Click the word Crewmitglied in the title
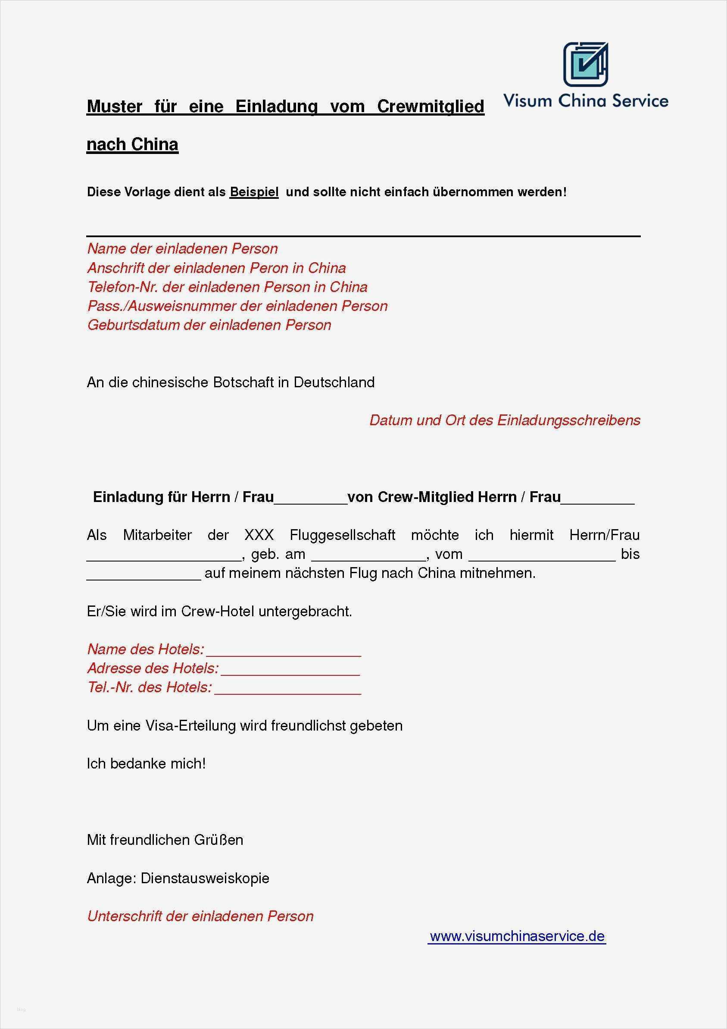click(430, 107)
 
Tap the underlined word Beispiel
click(254, 192)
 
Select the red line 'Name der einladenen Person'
click(182, 249)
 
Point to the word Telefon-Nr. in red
click(123, 287)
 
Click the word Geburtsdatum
click(133, 325)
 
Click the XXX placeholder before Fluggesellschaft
click(259, 535)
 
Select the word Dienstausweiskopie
click(205, 878)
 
